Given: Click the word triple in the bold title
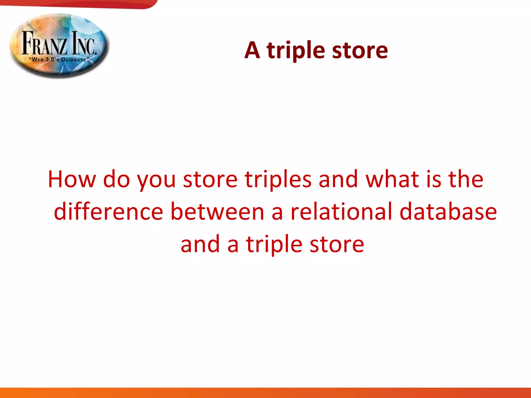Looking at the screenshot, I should (x=296, y=51).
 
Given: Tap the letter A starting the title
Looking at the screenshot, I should (x=252, y=50).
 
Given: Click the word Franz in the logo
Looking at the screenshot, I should (x=44, y=43).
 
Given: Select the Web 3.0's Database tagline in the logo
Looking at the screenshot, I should (x=59, y=60).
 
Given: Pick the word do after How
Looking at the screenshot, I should (x=116, y=179).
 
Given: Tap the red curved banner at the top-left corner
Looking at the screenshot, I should (x=78, y=4).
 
